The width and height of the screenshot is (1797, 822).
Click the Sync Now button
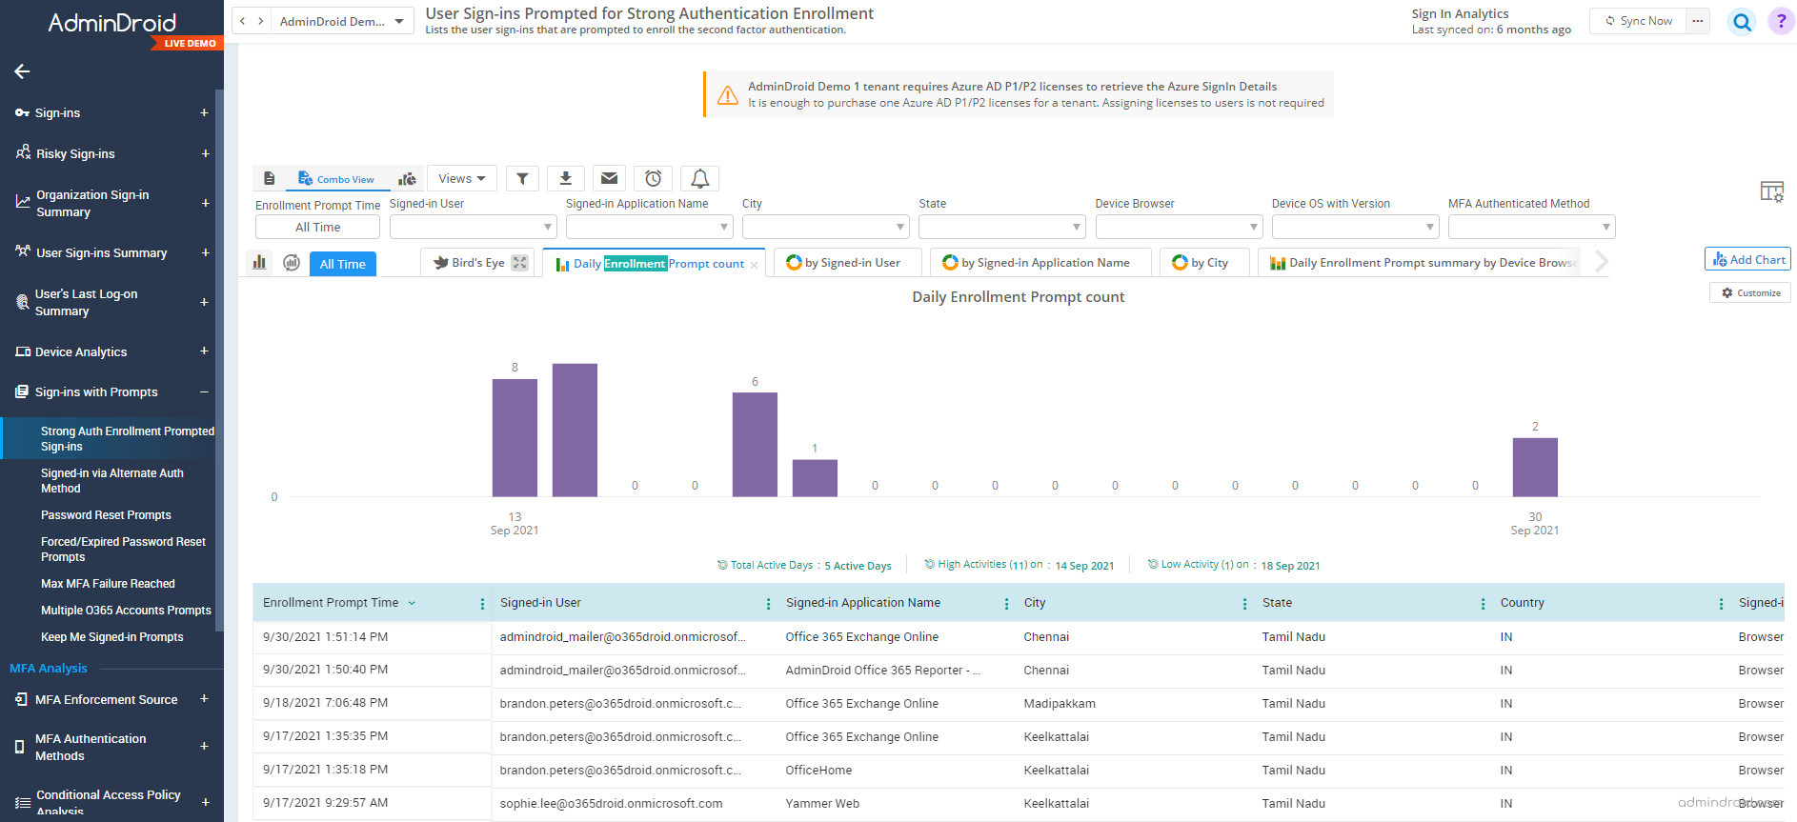1639,21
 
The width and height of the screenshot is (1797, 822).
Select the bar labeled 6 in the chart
755,444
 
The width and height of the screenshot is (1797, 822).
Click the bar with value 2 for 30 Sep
1534,467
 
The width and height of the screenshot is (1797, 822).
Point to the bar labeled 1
815,477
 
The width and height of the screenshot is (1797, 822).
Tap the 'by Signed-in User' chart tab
844,263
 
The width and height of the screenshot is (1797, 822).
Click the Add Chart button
1747,259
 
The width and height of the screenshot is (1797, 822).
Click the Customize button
1750,293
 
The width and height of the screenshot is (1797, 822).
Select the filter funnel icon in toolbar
522,178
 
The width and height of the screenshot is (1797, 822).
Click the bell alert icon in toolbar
699,178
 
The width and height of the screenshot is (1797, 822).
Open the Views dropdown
462,178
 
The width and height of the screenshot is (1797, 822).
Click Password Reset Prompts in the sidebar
106,515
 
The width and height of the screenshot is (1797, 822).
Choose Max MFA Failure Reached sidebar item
108,584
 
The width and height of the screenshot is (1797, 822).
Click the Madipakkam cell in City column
1059,704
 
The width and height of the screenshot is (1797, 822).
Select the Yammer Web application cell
822,804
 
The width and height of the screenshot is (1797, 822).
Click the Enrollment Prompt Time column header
331,603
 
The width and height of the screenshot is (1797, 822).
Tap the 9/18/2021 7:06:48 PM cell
325,704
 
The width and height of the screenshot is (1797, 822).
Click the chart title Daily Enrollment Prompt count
1018,297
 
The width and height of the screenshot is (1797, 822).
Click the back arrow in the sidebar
22,71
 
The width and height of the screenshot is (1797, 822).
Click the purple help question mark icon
1780,21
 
